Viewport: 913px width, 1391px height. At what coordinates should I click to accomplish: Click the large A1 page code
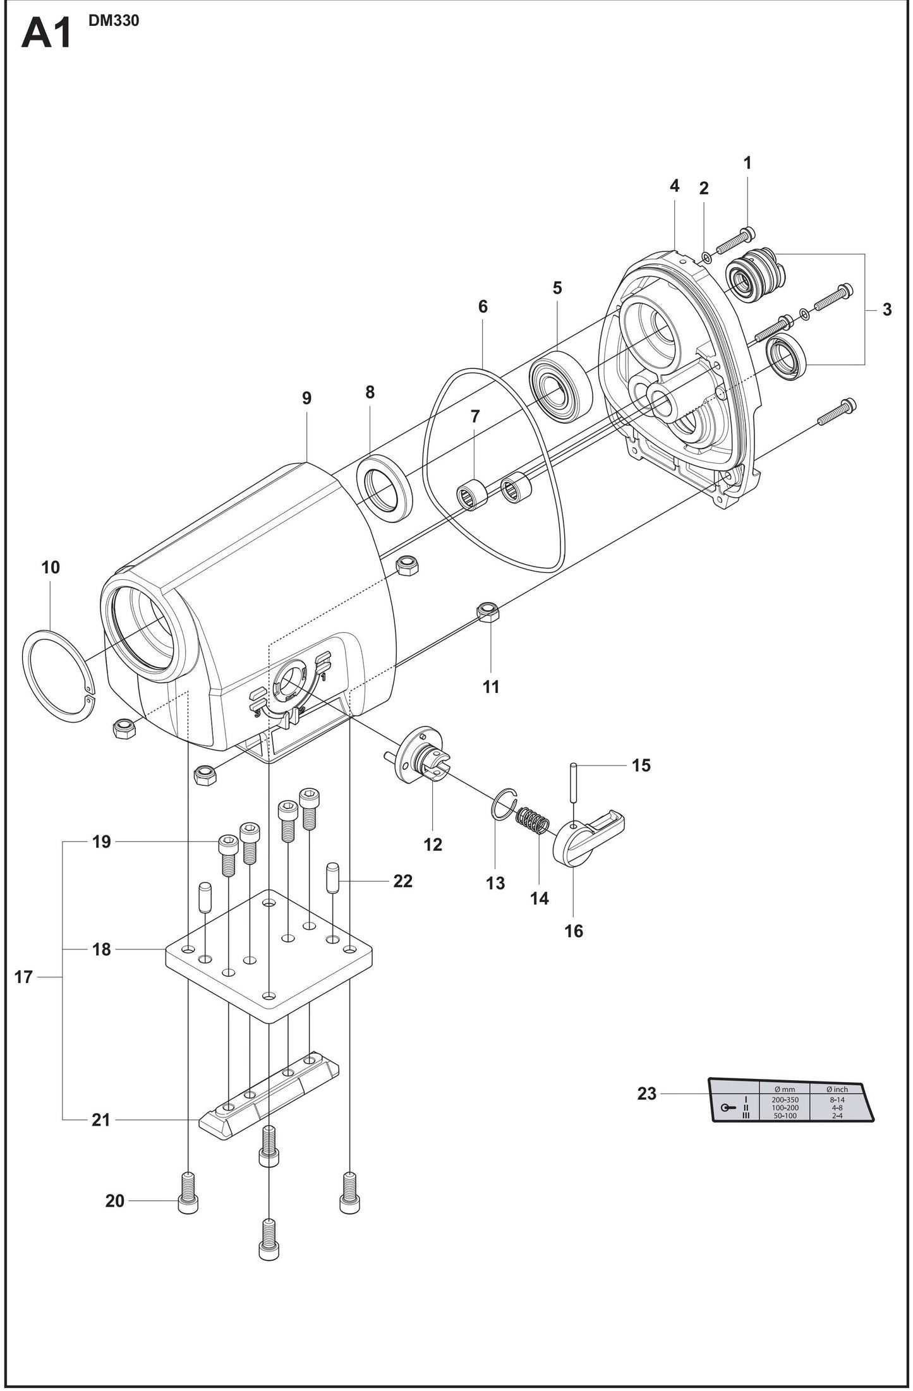pos(47,34)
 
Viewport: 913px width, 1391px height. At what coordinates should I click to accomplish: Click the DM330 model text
pos(114,21)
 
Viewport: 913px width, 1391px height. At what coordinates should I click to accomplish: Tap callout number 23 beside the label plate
pos(646,1093)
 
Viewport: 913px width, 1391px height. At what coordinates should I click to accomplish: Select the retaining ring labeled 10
pos(56,677)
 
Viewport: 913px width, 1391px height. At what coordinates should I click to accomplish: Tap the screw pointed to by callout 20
pos(189,1200)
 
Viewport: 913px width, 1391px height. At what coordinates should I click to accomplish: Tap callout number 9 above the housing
pos(306,398)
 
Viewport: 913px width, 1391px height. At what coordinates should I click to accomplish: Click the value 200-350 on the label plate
pos(785,1099)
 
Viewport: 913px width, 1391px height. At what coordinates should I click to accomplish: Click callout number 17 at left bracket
pos(23,977)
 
